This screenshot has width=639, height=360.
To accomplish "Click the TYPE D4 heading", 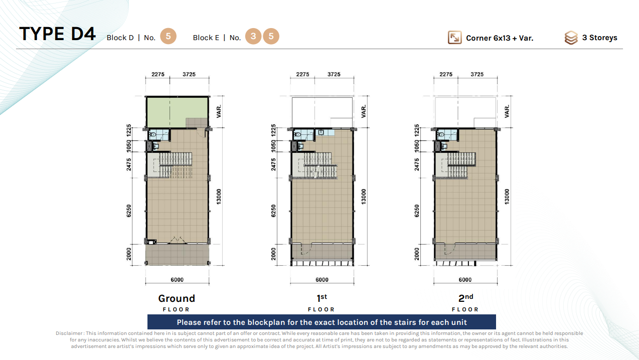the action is (57, 34).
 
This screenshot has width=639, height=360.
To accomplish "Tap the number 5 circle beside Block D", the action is (168, 36).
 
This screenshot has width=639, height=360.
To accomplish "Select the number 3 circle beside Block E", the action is (253, 36).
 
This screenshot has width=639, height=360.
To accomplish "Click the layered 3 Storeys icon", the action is (571, 38).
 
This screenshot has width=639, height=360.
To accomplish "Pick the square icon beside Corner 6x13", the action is (455, 38).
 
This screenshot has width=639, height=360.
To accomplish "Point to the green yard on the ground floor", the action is (177, 112).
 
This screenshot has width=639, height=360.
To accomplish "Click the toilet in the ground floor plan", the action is (152, 134).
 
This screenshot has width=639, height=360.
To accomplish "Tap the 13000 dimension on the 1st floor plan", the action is (363, 197).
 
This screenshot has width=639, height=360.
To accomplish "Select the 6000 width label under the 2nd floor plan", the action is (465, 280).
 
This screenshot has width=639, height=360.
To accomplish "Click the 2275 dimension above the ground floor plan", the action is (158, 74).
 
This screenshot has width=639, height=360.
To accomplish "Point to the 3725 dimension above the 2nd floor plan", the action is (477, 74).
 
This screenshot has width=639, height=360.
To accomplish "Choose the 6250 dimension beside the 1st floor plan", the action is (273, 211).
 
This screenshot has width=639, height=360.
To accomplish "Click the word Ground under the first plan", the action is (177, 298).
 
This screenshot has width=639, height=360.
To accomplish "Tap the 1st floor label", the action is (322, 302).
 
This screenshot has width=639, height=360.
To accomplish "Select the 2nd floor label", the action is (465, 302).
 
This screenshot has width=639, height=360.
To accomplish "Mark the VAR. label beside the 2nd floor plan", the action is (507, 111).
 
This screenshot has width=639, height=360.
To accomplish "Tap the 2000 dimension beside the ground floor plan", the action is (129, 254).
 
